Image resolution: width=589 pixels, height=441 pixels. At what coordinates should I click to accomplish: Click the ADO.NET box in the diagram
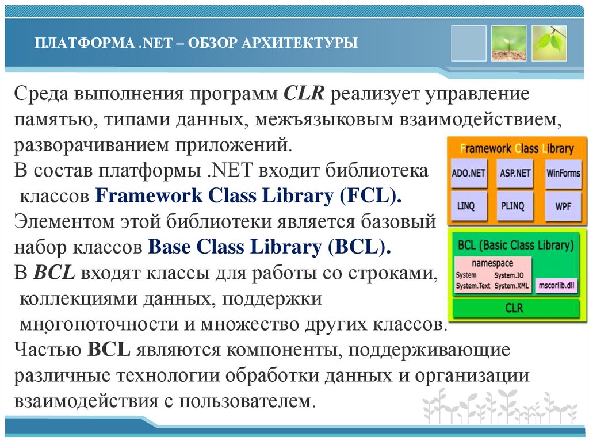[x=469, y=173]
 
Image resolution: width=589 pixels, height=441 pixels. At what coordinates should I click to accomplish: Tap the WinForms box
[x=563, y=173]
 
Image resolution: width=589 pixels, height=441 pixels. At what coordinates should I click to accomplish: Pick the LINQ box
[x=469, y=206]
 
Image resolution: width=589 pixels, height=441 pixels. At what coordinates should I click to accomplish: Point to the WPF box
[x=563, y=206]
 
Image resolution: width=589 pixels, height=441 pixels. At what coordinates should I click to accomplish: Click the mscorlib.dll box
[x=555, y=285]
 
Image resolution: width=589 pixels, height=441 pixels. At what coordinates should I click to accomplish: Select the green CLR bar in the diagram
[x=514, y=308]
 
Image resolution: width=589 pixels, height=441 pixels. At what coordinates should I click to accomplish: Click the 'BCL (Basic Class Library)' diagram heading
[x=516, y=246]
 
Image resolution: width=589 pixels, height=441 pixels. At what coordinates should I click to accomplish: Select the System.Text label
[x=473, y=286]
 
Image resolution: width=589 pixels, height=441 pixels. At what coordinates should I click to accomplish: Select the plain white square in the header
[x=468, y=43]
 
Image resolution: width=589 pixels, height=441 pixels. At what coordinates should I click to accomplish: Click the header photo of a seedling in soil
[x=508, y=43]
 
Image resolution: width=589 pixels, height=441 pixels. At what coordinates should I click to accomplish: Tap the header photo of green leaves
[x=549, y=43]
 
